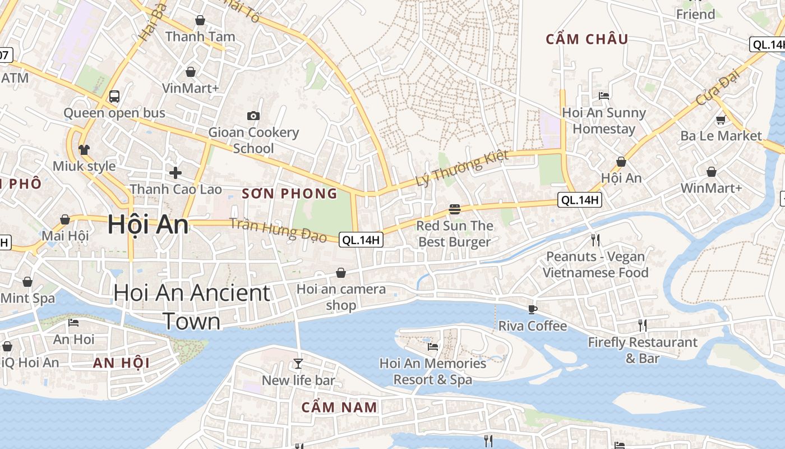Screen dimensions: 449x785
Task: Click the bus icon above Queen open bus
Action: [114, 96]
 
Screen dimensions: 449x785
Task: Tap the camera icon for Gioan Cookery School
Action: [253, 116]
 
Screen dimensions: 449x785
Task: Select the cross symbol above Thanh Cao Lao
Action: [176, 172]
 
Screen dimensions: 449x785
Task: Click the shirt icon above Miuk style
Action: [84, 149]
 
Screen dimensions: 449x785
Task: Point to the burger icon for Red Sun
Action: [454, 209]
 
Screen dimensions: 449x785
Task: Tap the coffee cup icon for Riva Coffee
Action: [532, 309]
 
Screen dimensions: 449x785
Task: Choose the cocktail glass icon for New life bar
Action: [298, 364]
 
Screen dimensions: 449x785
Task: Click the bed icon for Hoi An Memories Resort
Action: [432, 346]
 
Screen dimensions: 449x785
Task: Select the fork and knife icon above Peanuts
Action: [595, 240]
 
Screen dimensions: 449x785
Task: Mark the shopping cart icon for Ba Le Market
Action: [721, 119]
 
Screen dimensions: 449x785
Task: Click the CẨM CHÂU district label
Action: [587, 39]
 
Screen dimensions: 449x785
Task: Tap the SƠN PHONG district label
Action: [289, 194]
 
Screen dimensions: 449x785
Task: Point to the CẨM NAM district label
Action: [339, 407]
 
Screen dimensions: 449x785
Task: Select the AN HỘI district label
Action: [121, 363]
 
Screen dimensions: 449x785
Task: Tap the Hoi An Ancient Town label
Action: [192, 307]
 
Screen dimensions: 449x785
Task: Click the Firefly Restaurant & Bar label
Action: [643, 350]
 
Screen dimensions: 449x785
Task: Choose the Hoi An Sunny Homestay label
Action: [604, 121]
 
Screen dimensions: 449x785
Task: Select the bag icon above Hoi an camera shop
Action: [341, 273]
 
